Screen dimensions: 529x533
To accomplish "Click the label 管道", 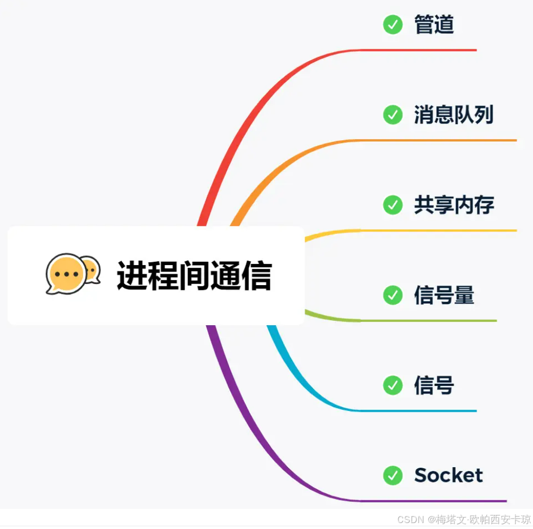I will click(434, 25).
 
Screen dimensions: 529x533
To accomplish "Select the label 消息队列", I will click(454, 115).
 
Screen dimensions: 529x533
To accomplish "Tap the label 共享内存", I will click(454, 205).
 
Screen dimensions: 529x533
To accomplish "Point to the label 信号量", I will click(444, 295).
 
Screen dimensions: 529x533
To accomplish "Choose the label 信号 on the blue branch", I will click(434, 385).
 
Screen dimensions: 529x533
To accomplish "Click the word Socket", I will click(448, 475).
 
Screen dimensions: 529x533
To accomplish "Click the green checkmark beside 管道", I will click(392, 25).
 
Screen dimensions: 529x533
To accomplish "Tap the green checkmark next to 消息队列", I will click(392, 115).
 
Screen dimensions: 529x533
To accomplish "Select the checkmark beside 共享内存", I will click(392, 205).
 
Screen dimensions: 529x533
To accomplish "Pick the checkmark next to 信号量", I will click(392, 295).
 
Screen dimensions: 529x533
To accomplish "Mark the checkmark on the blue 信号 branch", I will click(392, 385).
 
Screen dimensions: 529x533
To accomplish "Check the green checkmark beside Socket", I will click(392, 475).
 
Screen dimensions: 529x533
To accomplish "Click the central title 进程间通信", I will click(194, 275).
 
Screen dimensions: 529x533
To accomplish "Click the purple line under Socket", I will click(434, 501).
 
